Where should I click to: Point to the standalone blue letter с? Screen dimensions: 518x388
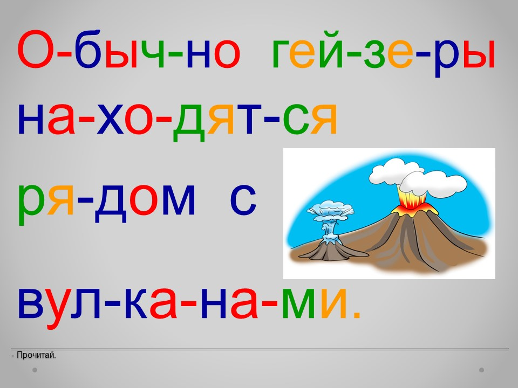tap(243, 199)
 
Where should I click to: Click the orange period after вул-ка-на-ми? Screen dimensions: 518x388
tap(357, 315)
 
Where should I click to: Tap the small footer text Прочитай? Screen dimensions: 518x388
tap(33, 355)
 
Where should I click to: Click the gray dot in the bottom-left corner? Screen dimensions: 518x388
tap(35, 370)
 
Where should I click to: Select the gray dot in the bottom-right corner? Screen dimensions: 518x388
tap(482, 370)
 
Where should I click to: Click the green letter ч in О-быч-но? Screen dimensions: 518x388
tap(151, 53)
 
